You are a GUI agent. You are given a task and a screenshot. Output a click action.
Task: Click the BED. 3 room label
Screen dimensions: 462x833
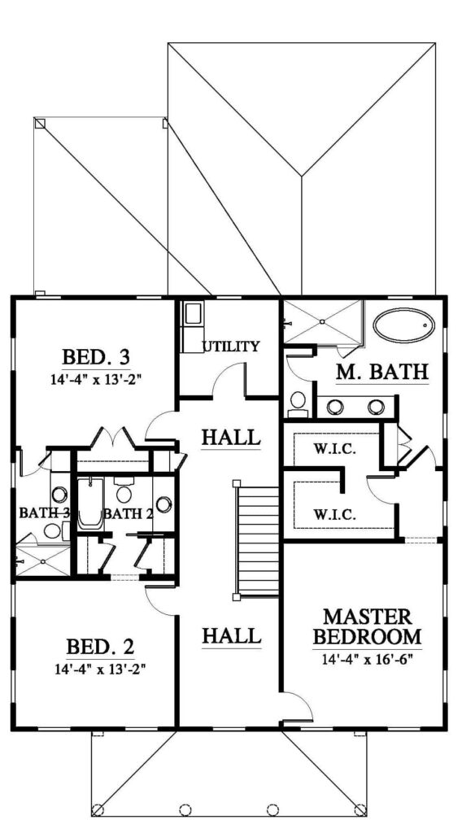click(96, 355)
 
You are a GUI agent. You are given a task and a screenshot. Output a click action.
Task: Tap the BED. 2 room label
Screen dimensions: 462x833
click(100, 647)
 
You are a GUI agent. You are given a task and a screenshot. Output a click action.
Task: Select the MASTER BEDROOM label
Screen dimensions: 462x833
click(367, 626)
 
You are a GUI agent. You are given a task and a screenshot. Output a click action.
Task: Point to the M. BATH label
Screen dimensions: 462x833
click(381, 372)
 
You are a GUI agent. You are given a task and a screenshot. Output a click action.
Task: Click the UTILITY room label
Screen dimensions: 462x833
click(230, 347)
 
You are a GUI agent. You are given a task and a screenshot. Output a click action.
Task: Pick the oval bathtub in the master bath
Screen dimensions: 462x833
click(403, 325)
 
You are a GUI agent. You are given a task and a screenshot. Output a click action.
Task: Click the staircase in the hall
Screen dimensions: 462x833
click(256, 540)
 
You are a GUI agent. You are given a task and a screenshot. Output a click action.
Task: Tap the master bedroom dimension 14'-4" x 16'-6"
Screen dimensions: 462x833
click(367, 659)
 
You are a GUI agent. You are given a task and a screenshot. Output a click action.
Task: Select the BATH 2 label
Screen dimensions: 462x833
click(123, 514)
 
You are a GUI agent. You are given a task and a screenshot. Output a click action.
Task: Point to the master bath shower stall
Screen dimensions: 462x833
click(322, 321)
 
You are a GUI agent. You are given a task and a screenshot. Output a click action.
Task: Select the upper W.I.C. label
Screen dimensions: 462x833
click(334, 449)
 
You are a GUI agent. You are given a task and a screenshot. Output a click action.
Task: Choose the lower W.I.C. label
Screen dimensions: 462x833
click(334, 515)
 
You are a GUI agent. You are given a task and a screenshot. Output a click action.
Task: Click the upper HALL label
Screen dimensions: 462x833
click(231, 438)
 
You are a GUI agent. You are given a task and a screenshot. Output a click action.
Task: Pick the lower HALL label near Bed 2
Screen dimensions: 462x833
click(232, 635)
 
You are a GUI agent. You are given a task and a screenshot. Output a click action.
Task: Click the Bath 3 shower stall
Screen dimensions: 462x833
click(44, 560)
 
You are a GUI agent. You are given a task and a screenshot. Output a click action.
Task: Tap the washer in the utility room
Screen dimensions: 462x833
click(191, 313)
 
